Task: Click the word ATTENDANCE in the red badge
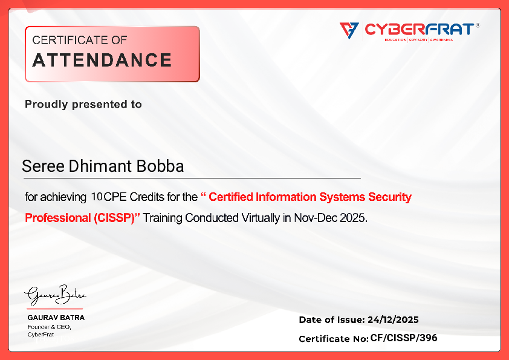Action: (102, 61)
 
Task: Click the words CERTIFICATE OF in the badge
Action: (79, 41)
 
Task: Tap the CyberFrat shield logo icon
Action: (349, 29)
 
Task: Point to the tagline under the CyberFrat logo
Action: (418, 40)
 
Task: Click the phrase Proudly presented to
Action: (83, 105)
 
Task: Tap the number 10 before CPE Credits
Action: (97, 197)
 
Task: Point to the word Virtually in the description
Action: (259, 218)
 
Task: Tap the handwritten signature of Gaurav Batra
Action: (55, 296)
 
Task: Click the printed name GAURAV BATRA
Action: (56, 318)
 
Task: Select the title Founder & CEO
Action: (50, 327)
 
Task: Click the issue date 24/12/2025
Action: (393, 320)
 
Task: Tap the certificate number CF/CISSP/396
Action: (403, 338)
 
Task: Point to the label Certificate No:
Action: (333, 339)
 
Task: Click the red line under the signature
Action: (54, 309)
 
